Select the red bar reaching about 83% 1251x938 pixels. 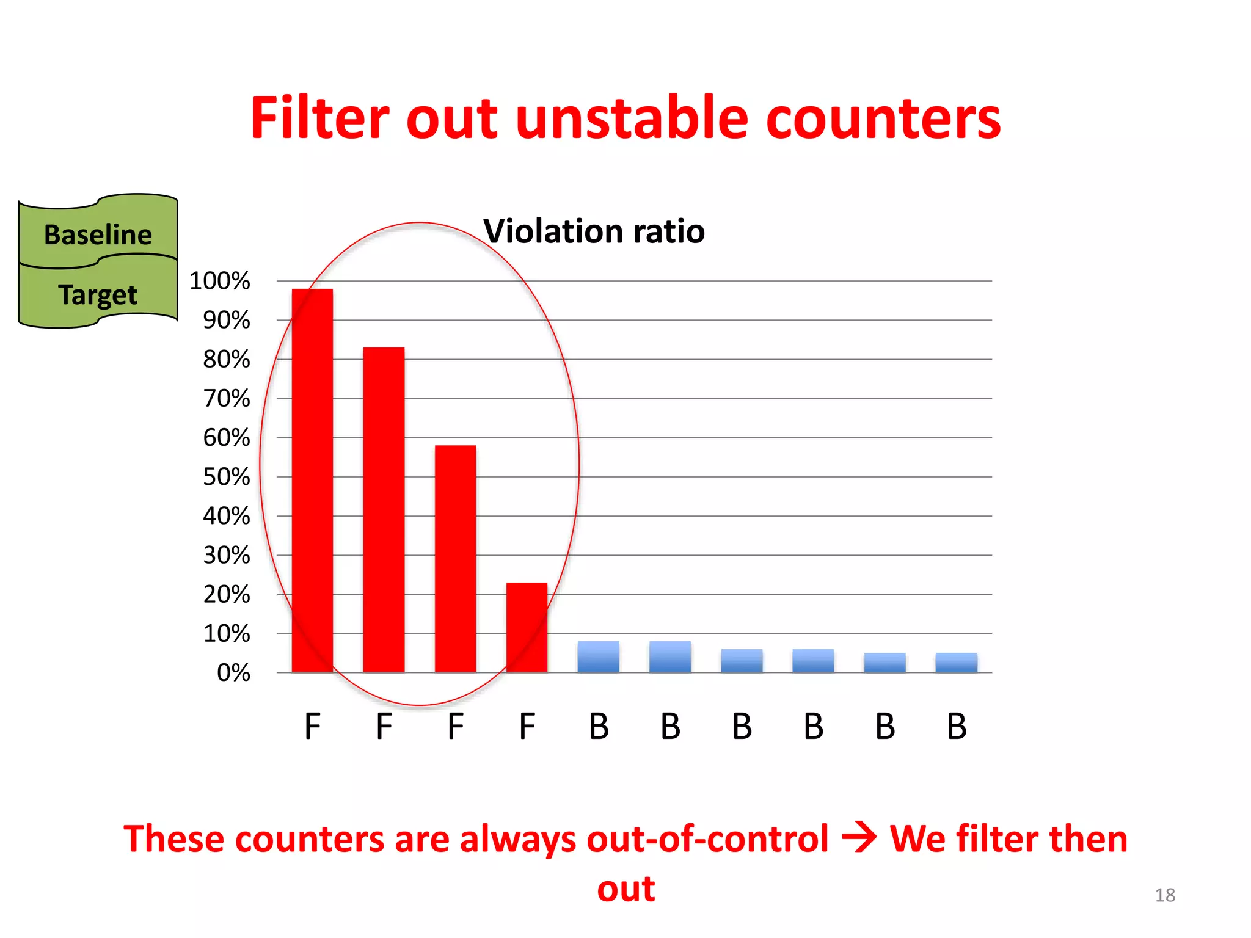(384, 510)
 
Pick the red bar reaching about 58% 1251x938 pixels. (455, 559)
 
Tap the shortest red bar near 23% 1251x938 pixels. (527, 628)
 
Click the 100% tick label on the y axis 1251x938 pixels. (220, 281)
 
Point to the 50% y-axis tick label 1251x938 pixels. (227, 477)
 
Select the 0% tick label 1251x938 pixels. (233, 673)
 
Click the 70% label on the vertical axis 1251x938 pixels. (227, 399)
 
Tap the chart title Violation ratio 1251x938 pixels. (594, 231)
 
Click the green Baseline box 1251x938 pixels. (98, 234)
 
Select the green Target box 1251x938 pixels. (98, 294)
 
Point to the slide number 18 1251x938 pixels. (1165, 895)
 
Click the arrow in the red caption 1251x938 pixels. (859, 838)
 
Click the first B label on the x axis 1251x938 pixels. (599, 727)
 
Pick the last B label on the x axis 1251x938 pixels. (957, 727)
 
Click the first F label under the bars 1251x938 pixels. (312, 727)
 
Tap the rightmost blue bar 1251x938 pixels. (957, 663)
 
